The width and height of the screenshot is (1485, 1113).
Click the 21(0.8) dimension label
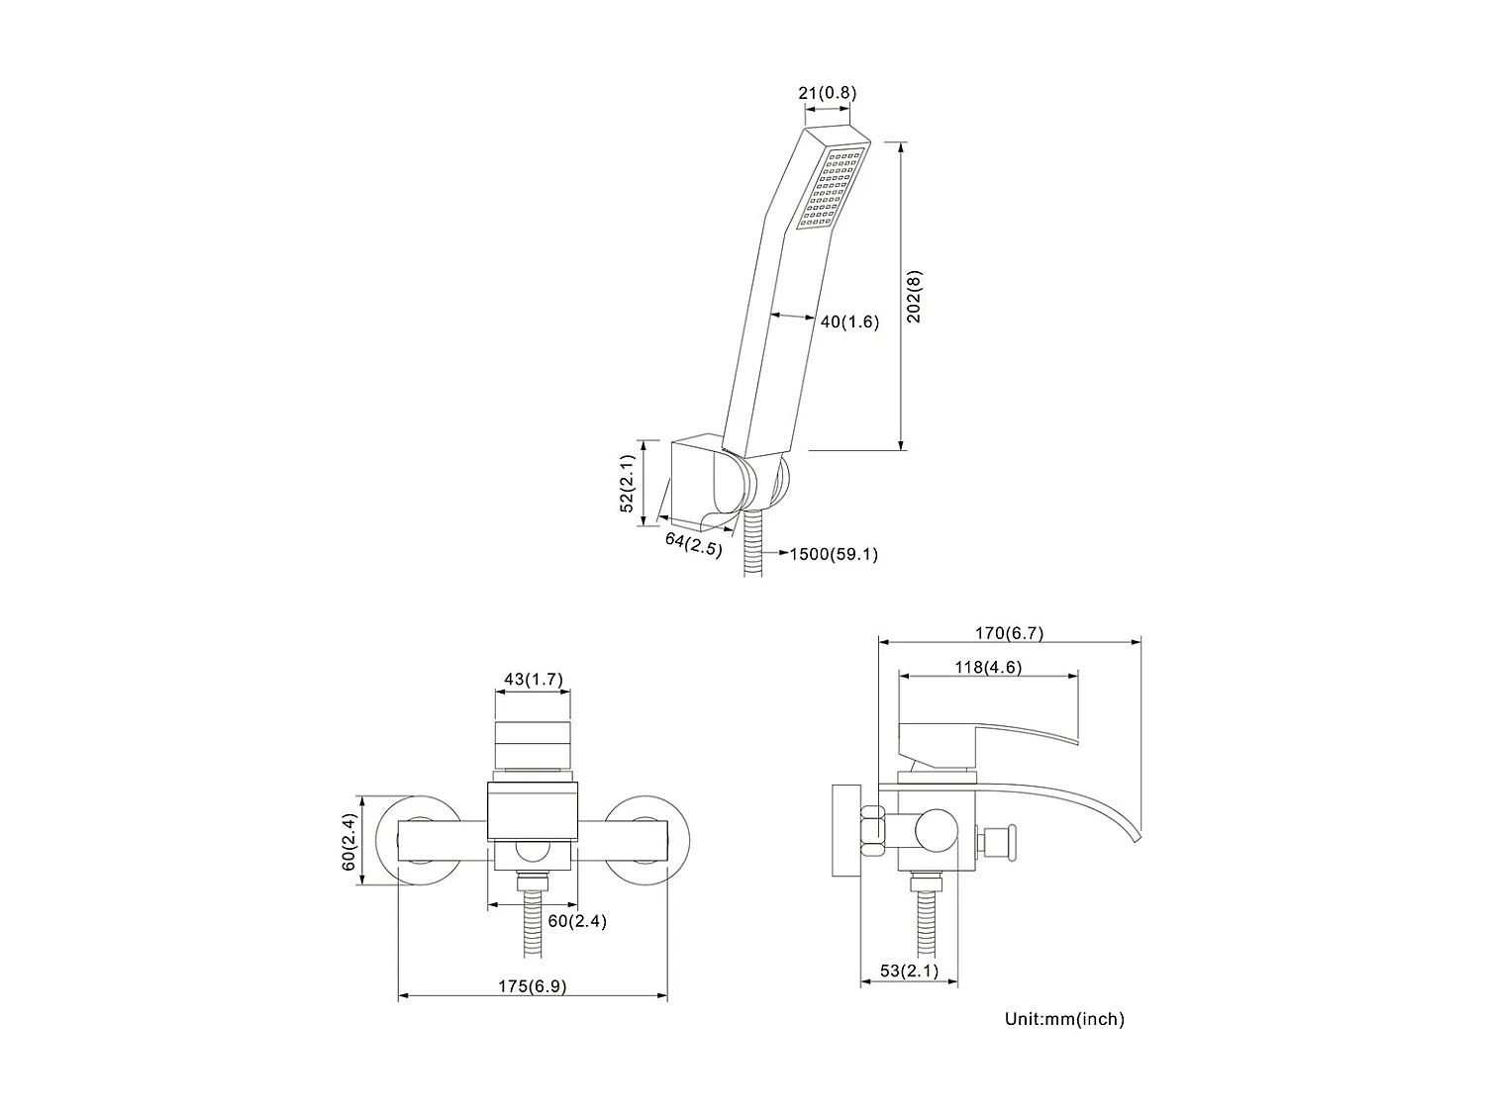pos(827,93)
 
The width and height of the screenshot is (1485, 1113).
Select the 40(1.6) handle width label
pos(849,322)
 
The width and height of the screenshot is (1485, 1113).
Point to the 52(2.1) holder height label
pos(626,483)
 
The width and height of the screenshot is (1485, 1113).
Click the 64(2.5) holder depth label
pos(693,543)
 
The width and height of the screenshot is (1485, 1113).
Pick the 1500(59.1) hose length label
pos(833,554)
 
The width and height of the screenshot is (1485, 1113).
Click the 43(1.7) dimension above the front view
pos(533,679)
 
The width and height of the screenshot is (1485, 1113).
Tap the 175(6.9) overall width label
pos(533,986)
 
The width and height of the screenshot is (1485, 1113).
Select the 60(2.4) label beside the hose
pos(577,921)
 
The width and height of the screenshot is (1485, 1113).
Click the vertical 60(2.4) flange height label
pos(347,841)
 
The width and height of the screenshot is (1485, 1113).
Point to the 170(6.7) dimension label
pos(1009,633)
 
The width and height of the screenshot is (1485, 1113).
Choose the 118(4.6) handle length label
pos(987,667)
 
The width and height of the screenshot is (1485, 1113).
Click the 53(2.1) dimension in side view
pos(908,971)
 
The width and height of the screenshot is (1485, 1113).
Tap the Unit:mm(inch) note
pos(1064,1019)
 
